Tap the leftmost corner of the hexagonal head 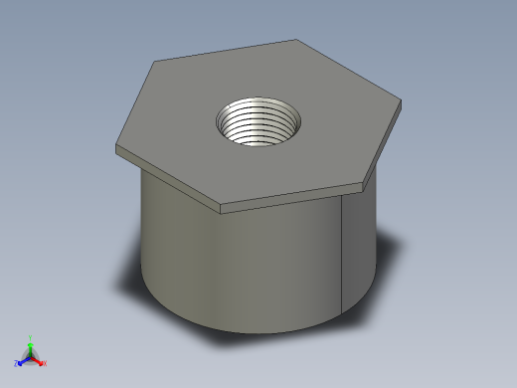click(117, 146)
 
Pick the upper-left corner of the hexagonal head click(155, 63)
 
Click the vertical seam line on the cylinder click(343, 254)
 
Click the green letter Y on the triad click(30, 336)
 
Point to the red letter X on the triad click(45, 363)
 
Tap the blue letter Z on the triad click(16, 363)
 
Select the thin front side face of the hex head click(292, 198)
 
